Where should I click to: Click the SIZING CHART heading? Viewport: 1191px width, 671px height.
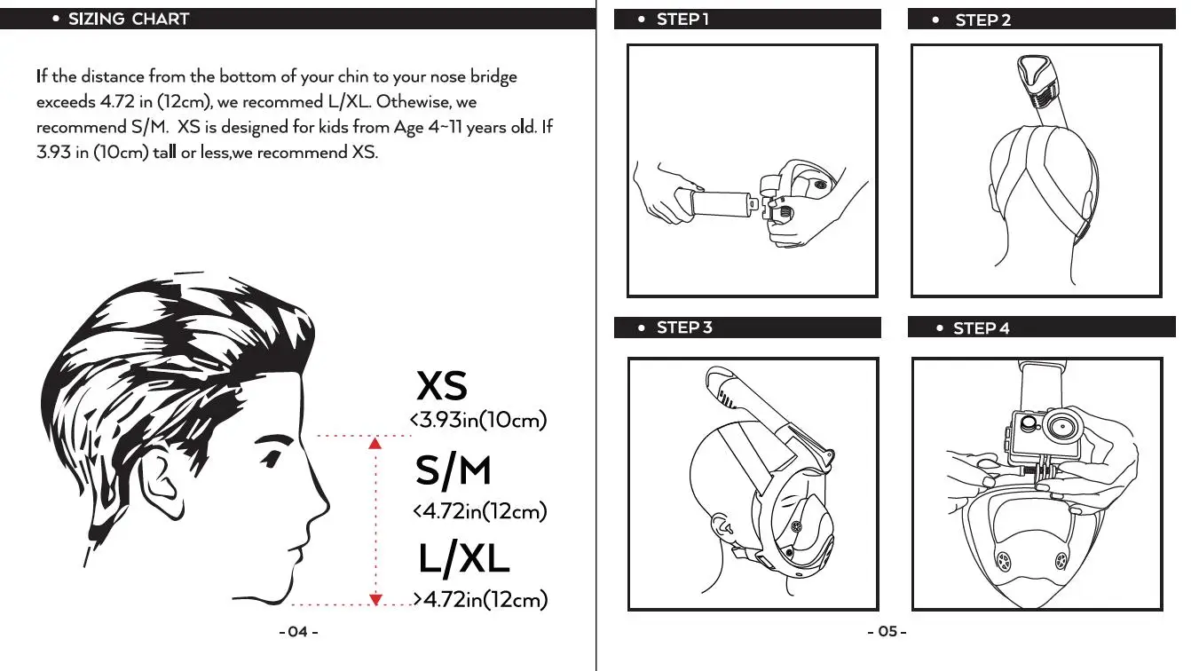(x=129, y=20)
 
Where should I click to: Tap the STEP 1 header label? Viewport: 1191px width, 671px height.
(x=682, y=20)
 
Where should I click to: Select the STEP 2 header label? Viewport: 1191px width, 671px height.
(x=982, y=20)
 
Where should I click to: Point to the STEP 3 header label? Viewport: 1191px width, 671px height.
(x=684, y=328)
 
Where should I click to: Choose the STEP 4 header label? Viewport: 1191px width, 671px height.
(x=981, y=328)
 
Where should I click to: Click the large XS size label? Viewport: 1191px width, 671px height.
(x=442, y=385)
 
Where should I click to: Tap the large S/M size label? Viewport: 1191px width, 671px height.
(x=453, y=470)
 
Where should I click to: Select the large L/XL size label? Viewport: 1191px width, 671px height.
(x=464, y=558)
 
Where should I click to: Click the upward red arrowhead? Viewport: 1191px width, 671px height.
(x=375, y=443)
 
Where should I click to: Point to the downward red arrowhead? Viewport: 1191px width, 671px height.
(x=375, y=600)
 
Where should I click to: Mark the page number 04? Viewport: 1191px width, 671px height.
(x=298, y=632)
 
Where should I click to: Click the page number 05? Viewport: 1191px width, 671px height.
(x=887, y=631)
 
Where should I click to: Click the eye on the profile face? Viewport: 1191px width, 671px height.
(x=272, y=457)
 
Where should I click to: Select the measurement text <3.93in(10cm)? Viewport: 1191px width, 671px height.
(x=478, y=420)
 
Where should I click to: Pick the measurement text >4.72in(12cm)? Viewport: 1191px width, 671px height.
(x=481, y=599)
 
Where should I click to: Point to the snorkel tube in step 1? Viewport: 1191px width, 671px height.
(x=718, y=203)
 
